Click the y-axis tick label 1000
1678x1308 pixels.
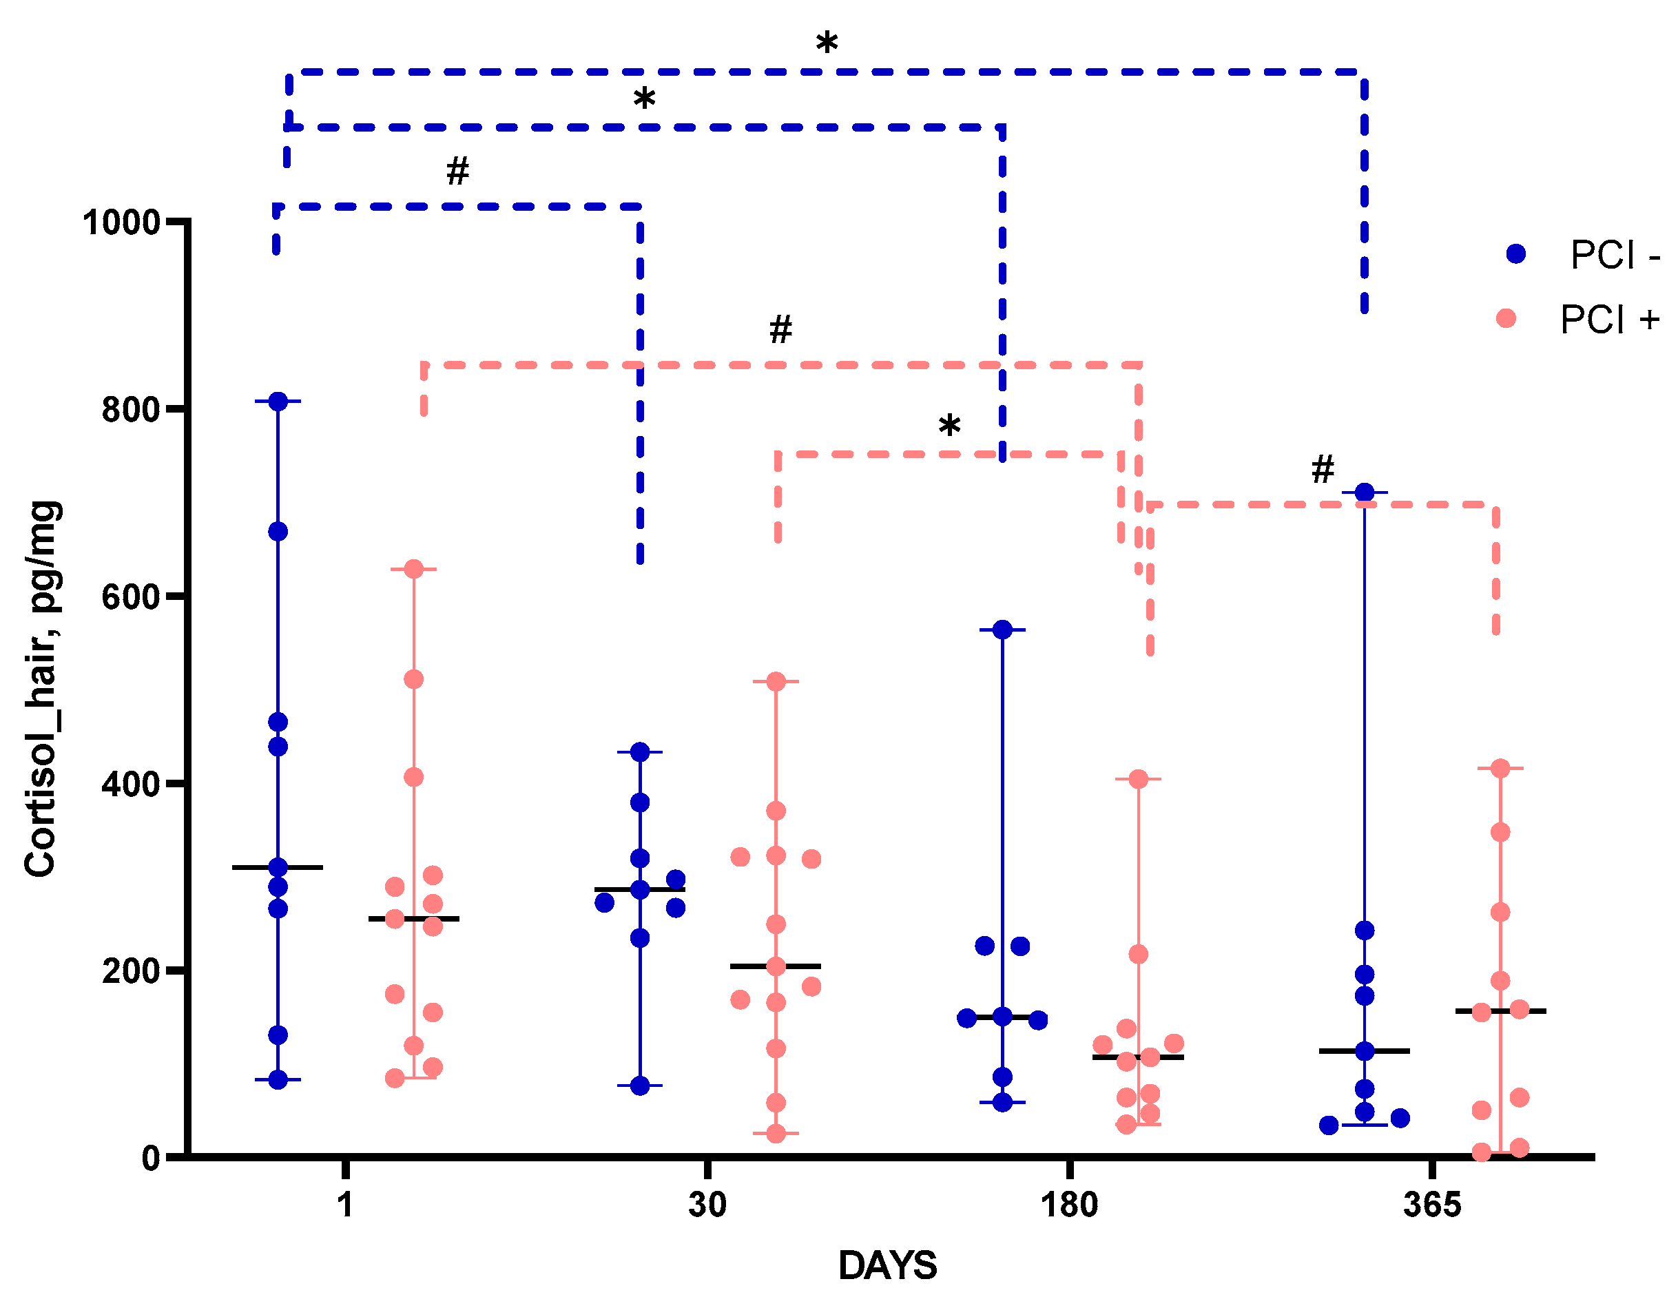point(121,223)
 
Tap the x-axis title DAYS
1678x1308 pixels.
point(887,1266)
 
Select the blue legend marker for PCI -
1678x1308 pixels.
point(1515,254)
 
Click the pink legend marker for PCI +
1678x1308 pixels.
point(1506,319)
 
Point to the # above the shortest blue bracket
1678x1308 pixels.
point(458,172)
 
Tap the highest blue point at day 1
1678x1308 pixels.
point(278,402)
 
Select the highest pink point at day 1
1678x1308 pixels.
point(413,569)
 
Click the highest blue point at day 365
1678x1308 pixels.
point(1364,492)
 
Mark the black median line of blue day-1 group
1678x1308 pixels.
point(278,868)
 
